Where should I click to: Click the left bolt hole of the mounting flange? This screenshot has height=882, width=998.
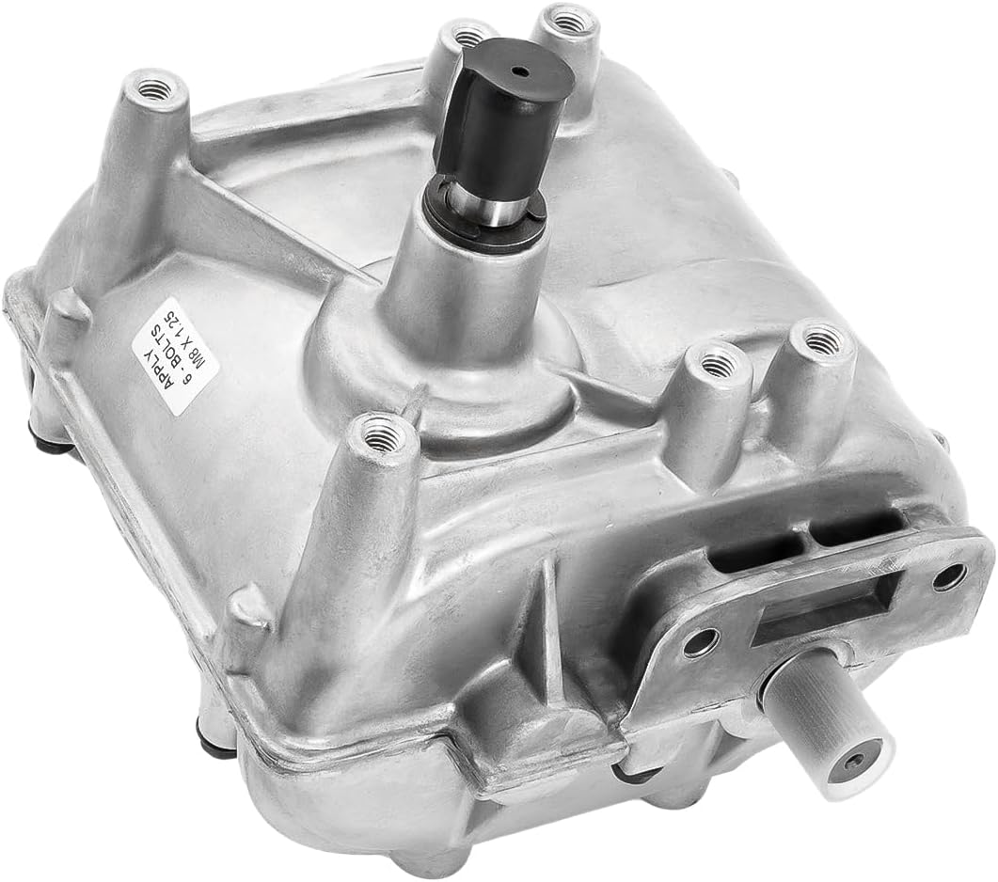point(699,643)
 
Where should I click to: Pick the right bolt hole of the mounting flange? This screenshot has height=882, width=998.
point(949,576)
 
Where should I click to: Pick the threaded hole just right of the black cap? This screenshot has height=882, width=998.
point(565,20)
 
